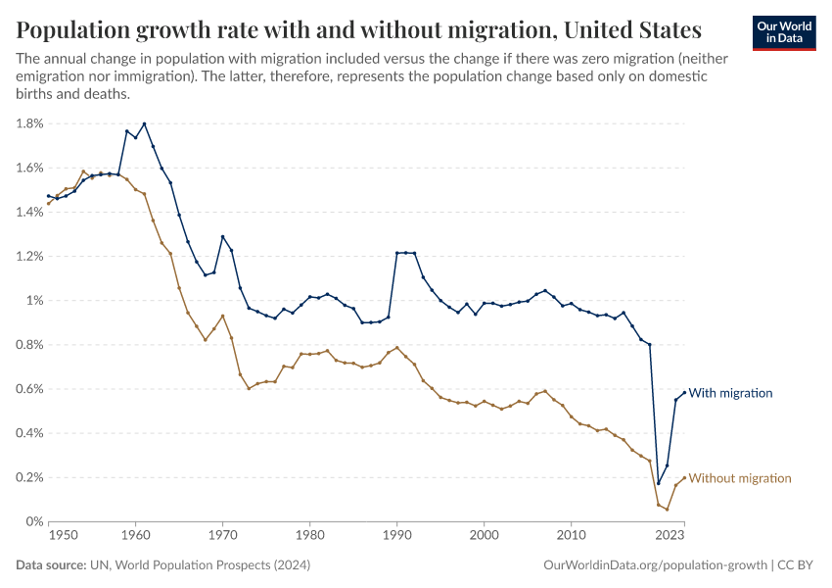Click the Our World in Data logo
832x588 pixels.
[783, 32]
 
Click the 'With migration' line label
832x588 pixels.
[730, 393]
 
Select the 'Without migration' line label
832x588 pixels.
[740, 478]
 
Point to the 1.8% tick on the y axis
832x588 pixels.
[28, 123]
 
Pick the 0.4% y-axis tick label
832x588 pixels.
[28, 433]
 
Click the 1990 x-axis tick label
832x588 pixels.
[397, 536]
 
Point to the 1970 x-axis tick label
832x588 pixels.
[223, 536]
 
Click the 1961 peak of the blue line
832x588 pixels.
[145, 123]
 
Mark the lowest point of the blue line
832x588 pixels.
[659, 483]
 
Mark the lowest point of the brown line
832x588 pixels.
[668, 510]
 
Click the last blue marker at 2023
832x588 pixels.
[684, 392]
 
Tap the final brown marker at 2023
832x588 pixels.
[684, 478]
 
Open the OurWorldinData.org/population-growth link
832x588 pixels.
[653, 565]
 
